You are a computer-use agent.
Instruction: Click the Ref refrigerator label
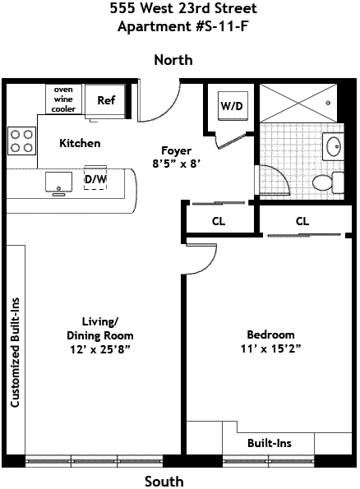pos(106,100)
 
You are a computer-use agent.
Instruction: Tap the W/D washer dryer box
pos(233,106)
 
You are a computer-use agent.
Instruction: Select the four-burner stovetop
pos(21,141)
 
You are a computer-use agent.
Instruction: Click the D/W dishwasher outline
pos(95,178)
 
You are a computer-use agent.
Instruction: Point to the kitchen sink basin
pos(58,182)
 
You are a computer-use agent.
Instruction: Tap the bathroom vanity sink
pos(333,145)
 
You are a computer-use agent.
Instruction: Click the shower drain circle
pos(328,103)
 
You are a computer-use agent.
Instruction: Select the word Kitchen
pos(80,144)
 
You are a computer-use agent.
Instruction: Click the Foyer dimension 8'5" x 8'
pos(176,164)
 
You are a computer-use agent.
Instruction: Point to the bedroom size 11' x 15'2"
pos(270,348)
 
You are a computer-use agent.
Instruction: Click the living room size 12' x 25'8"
pos(99,349)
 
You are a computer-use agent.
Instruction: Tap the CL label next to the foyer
pos(219,221)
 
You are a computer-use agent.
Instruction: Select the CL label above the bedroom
pos(302,221)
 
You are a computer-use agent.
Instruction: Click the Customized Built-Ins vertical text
pos(15,353)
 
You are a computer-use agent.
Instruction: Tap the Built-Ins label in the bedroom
pos(270,443)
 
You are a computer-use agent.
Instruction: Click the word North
pos(173,60)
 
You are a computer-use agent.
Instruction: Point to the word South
pos(164,482)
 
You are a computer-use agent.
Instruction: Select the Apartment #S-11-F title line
pos(182,26)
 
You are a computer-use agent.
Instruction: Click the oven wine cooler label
pos(63,99)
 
